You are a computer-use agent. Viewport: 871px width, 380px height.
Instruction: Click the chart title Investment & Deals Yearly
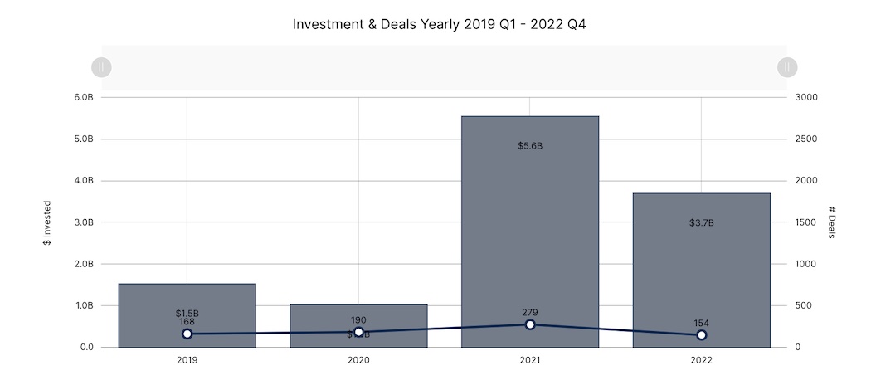(440, 24)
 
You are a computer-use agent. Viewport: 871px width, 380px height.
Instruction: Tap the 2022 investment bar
(702, 266)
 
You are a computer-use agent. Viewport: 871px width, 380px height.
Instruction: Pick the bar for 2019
(187, 299)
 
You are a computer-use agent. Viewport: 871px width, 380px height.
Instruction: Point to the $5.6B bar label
(530, 146)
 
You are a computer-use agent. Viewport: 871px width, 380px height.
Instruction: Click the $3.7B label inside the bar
(702, 223)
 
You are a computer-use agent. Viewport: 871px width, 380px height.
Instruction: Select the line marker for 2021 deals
(530, 324)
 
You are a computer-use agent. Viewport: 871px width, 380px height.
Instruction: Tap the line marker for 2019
(187, 334)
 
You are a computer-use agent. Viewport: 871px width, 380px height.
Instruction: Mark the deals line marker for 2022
(702, 334)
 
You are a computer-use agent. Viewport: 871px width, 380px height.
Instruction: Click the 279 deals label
(530, 313)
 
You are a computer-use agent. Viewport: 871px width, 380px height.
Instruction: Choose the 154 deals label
(702, 324)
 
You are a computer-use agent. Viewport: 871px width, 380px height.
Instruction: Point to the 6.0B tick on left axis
(84, 97)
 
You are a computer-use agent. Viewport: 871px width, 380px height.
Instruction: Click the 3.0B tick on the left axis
(84, 222)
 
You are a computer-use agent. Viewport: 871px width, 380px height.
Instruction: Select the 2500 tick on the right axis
(806, 139)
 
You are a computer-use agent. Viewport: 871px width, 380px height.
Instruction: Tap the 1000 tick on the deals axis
(806, 264)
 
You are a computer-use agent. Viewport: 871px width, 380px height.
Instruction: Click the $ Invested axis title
(47, 222)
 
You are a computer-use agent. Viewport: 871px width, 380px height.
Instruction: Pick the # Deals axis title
(831, 222)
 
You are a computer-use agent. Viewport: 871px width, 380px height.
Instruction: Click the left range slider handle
(101, 67)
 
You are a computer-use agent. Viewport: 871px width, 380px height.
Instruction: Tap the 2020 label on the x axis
(358, 361)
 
